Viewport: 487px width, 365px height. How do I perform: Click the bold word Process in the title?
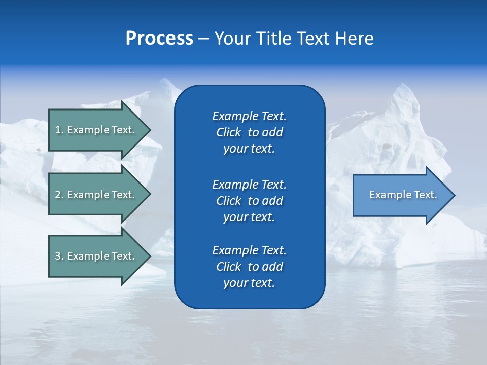coord(159,39)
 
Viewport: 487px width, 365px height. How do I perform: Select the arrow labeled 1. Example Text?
coord(96,130)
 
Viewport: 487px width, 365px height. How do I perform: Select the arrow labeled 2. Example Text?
coord(96,195)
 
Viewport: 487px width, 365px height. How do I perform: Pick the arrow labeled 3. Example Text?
coord(96,256)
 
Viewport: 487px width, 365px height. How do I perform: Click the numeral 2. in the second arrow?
coord(59,195)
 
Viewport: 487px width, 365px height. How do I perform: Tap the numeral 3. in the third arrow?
coord(59,256)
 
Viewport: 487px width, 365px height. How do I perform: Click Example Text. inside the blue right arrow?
coord(403,195)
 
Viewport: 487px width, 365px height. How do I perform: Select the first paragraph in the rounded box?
coord(249,132)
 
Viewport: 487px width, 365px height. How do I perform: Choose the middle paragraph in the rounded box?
coord(249,200)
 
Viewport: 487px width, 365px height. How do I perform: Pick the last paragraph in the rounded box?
coord(249,267)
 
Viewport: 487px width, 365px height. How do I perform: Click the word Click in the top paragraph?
coord(229,132)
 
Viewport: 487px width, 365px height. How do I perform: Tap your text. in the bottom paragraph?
coord(249,283)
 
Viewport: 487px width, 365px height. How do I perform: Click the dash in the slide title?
coord(203,39)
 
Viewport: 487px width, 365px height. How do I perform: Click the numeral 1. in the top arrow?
coord(59,130)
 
